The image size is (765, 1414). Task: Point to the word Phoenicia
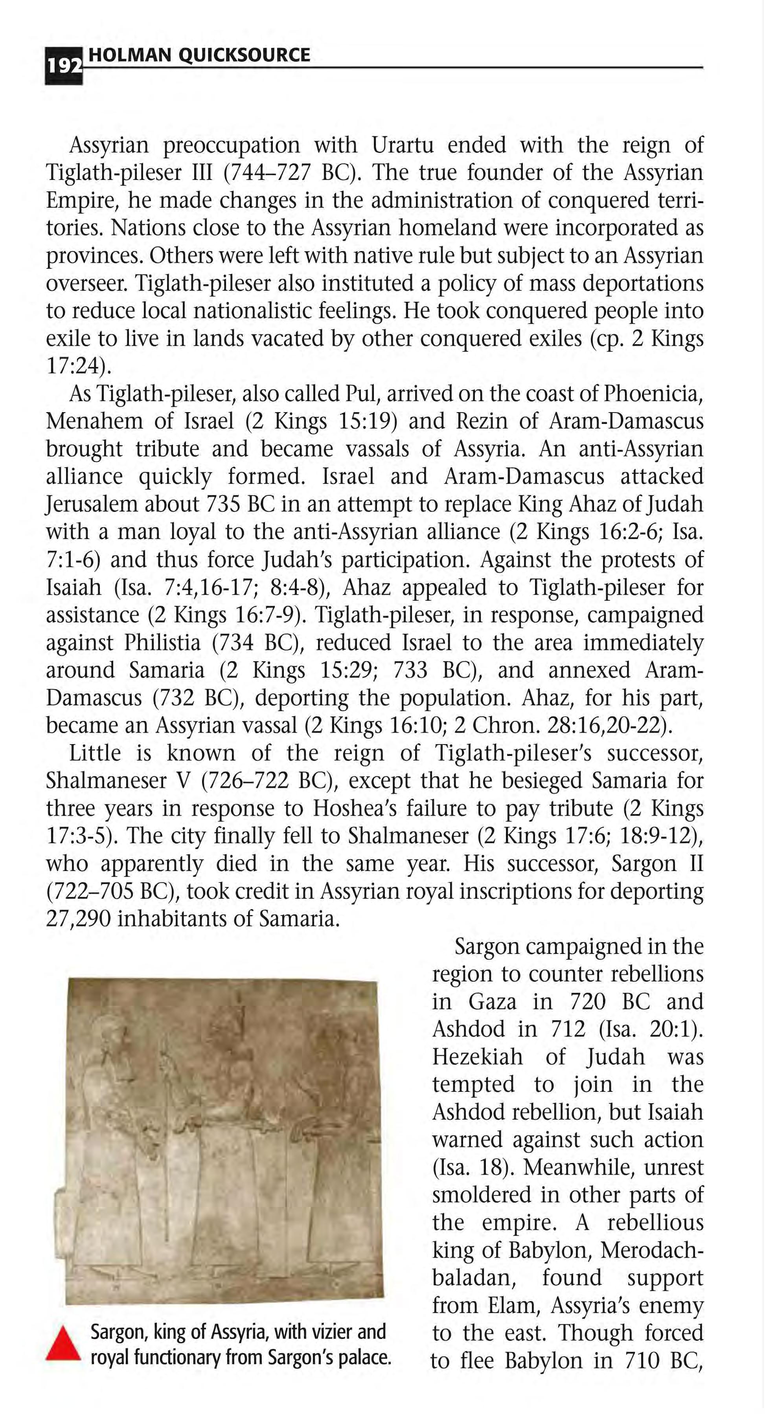click(653, 394)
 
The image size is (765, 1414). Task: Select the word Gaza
click(492, 1001)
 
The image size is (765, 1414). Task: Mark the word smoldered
click(487, 1194)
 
